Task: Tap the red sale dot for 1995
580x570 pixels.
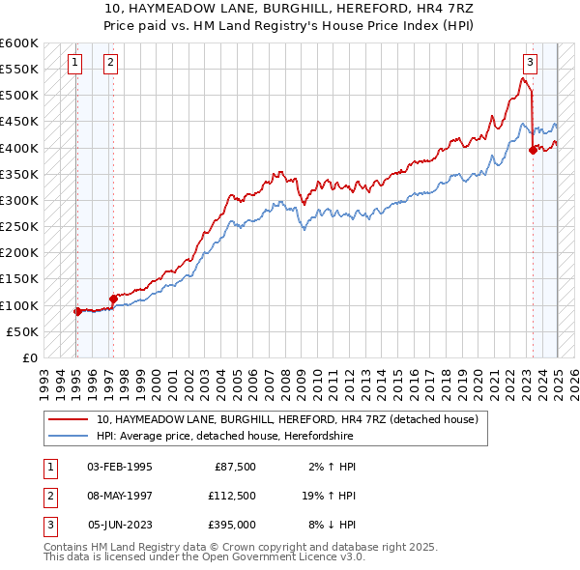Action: pyautogui.click(x=77, y=311)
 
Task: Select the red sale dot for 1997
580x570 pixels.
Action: pyautogui.click(x=113, y=299)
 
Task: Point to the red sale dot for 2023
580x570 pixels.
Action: pyautogui.click(x=533, y=150)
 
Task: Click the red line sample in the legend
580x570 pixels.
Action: pyautogui.click(x=70, y=419)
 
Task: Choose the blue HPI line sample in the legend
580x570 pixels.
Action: pyautogui.click(x=70, y=436)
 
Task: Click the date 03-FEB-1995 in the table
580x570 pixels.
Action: pyautogui.click(x=119, y=467)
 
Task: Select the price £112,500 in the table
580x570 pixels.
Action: pyautogui.click(x=232, y=497)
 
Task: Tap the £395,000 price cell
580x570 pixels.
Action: pyautogui.click(x=232, y=527)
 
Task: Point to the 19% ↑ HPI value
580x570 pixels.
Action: pyautogui.click(x=329, y=497)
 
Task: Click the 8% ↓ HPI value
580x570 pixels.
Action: pyautogui.click(x=331, y=527)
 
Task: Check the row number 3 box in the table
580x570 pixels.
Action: pyautogui.click(x=48, y=527)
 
